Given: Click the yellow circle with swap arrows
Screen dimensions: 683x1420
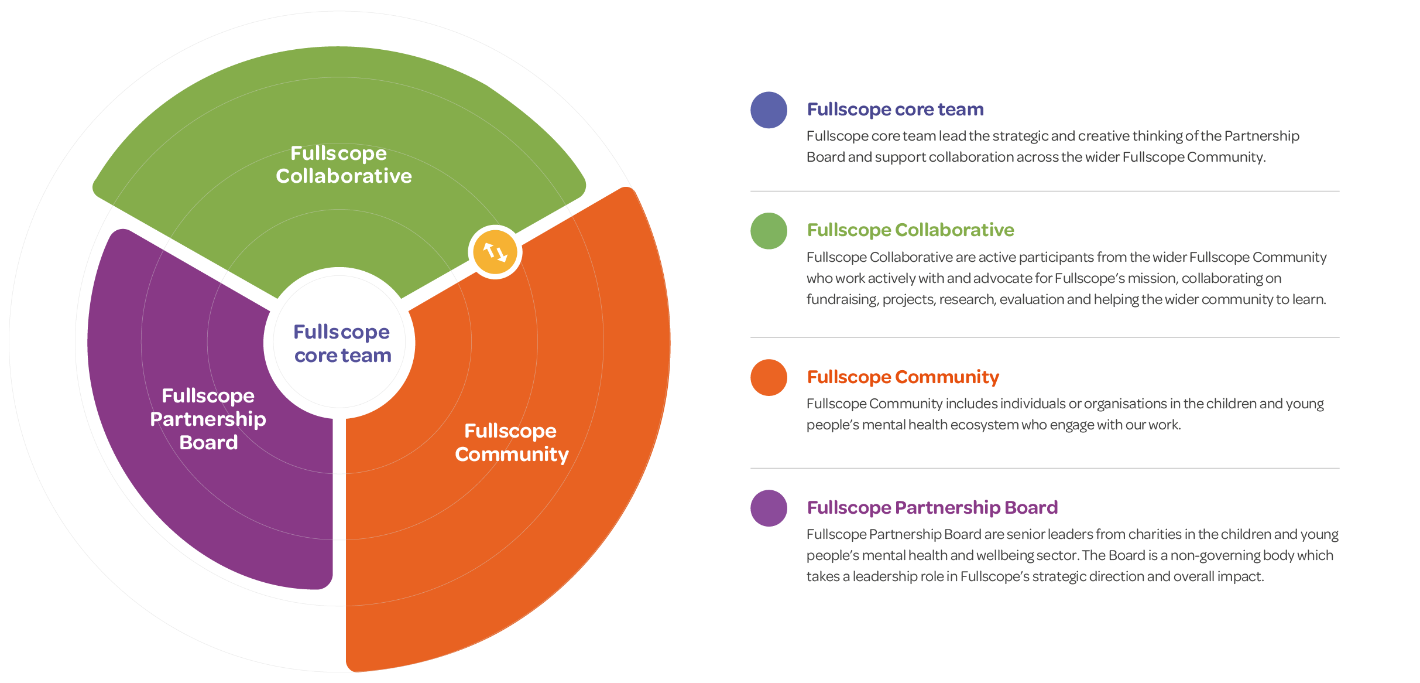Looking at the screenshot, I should [x=495, y=252].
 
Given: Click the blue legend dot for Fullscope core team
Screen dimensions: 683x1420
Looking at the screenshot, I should [x=769, y=110].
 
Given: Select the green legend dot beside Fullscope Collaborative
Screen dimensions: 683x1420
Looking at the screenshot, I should [x=769, y=231].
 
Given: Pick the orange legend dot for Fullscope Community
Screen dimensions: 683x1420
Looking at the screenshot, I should [x=769, y=378].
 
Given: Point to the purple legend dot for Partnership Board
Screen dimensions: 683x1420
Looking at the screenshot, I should [x=769, y=508].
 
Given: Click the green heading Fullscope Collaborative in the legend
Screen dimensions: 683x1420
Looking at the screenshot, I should [x=910, y=230].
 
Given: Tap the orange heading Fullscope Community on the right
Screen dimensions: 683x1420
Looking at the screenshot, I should [x=903, y=377].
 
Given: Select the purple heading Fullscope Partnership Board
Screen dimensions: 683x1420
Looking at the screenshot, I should [x=932, y=508].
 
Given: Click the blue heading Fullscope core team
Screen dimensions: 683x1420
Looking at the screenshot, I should [x=895, y=110].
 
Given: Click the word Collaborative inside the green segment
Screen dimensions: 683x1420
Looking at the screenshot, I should [x=344, y=176].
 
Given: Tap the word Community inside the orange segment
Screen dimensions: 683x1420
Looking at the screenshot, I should [x=512, y=455].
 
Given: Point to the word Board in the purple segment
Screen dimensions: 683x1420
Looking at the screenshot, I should [x=208, y=443].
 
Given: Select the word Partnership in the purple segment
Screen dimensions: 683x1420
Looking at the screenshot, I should [x=208, y=419].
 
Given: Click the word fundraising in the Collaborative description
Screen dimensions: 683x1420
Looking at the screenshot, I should [x=842, y=300].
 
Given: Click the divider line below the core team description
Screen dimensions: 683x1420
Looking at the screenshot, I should [x=1045, y=191].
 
